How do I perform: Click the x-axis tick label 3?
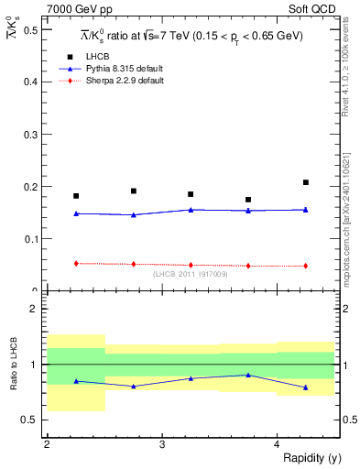pos(161,443)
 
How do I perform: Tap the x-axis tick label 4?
pos(277,443)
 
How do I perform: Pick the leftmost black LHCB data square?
pos(76,196)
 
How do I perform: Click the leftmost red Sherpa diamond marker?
pos(76,264)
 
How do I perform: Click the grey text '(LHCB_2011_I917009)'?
pos(191,274)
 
